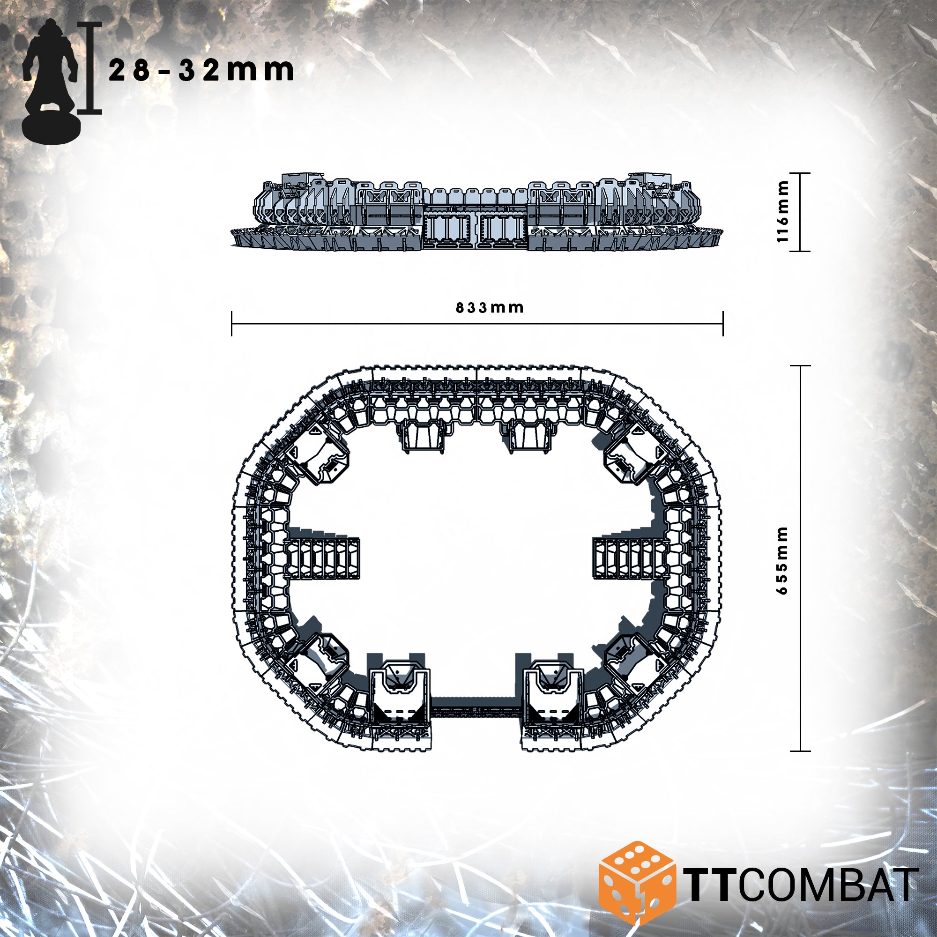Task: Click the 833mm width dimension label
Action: [x=490, y=307]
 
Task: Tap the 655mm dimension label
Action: [x=782, y=560]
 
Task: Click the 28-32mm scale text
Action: [x=201, y=70]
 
